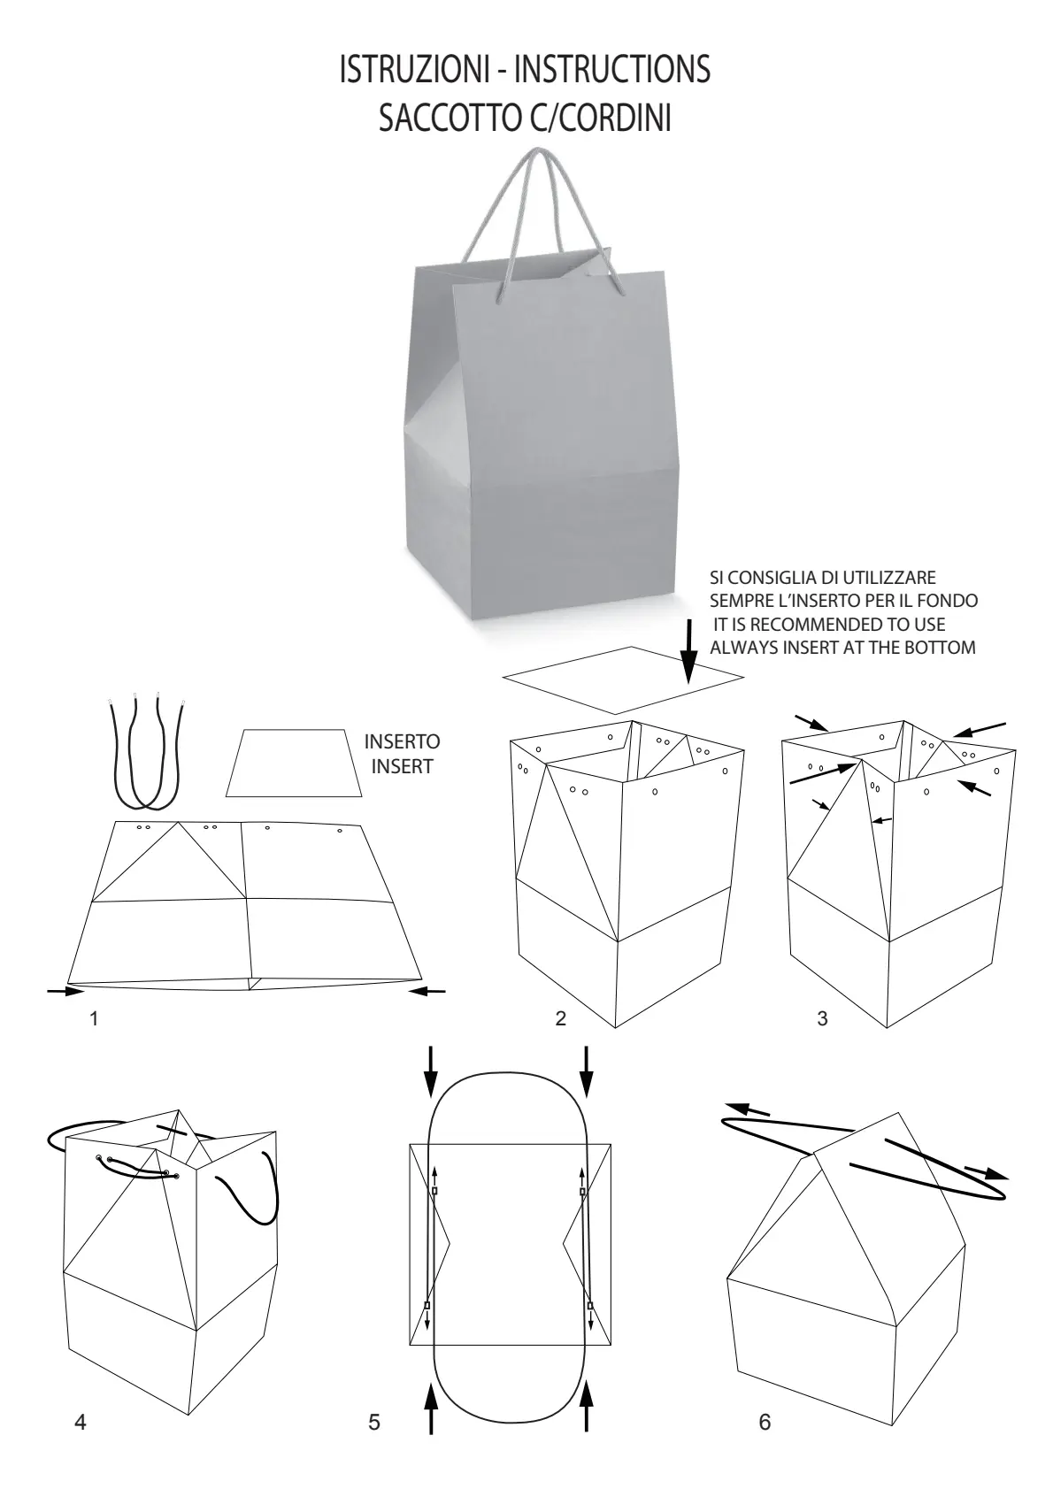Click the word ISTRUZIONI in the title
click(x=414, y=69)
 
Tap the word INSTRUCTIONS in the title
click(x=612, y=69)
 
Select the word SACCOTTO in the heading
click(x=450, y=118)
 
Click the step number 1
click(x=94, y=1018)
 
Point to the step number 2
click(x=560, y=1018)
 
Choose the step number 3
click(x=822, y=1018)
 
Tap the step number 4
click(x=80, y=1422)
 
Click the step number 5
click(x=374, y=1422)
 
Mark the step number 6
click(x=765, y=1422)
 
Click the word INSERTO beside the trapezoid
click(x=403, y=741)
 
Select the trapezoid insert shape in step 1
click(x=294, y=764)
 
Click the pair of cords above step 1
click(x=146, y=751)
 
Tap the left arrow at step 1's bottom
click(x=65, y=991)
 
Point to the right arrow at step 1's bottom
click(x=427, y=991)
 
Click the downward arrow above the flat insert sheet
click(x=688, y=651)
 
